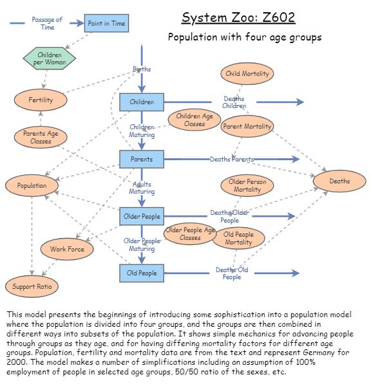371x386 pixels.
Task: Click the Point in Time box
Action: [106, 24]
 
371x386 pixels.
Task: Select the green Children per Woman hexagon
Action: [49, 59]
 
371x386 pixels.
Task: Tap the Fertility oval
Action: [41, 100]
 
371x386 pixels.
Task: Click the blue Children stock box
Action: [142, 102]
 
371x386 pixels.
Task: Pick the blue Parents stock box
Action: [142, 159]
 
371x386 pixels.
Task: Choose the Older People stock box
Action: [142, 216]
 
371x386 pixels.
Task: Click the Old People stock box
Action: [142, 273]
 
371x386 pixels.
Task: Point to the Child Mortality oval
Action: [247, 74]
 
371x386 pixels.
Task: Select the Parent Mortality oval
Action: [247, 127]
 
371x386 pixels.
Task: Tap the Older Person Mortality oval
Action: [247, 186]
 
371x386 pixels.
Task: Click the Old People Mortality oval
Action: [238, 239]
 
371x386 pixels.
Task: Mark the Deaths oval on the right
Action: [339, 181]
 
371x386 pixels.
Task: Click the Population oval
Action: [32, 186]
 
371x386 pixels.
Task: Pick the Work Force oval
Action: [67, 248]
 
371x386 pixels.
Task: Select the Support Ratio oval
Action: [32, 286]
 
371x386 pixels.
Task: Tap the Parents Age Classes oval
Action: [41, 137]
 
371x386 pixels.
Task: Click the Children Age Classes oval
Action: [195, 120]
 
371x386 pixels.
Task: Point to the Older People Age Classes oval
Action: [190, 234]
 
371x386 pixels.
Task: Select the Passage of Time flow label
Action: [47, 23]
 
